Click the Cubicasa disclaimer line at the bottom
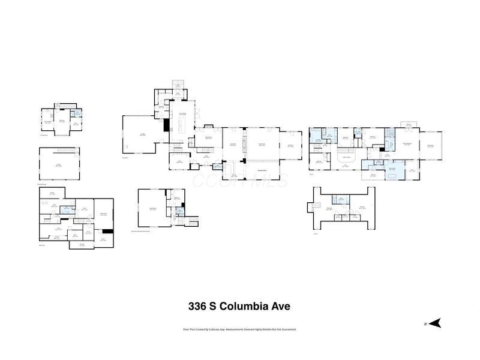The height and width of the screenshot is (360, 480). [239, 329]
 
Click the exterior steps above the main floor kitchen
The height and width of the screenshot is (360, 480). [178, 85]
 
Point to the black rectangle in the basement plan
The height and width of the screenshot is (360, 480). [107, 231]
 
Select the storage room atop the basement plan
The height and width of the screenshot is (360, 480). [52, 193]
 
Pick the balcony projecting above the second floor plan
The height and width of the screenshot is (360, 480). [409, 124]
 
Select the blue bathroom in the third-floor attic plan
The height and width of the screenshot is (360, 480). [341, 200]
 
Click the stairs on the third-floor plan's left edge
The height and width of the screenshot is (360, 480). [313, 206]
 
